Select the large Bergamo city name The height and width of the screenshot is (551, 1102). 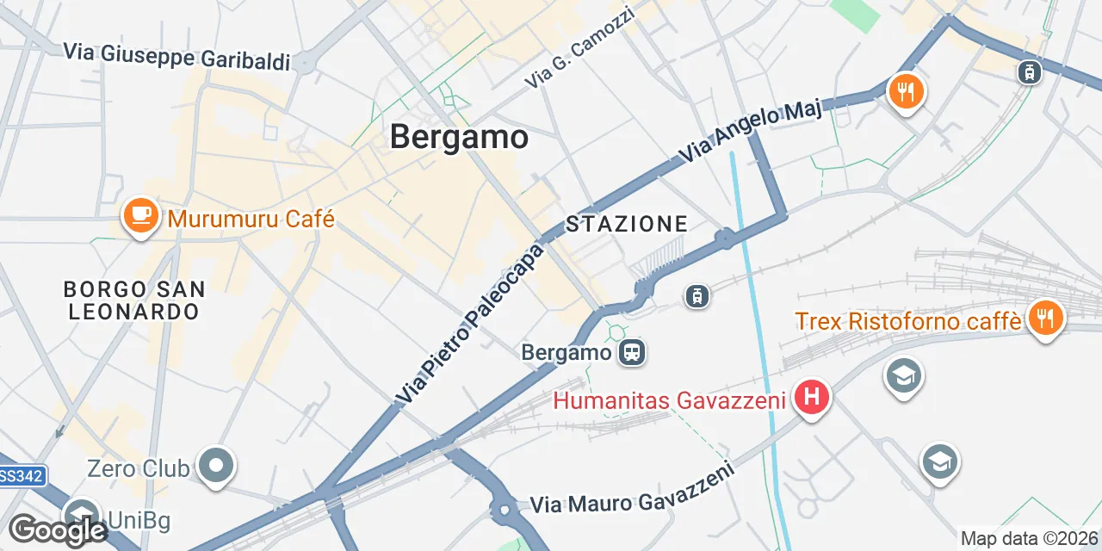pos(459,137)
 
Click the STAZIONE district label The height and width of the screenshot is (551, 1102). pos(627,225)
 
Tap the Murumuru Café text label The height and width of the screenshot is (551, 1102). pos(251,219)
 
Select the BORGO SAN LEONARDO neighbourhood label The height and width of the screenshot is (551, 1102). pos(134,300)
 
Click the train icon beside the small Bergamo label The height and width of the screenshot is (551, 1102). pos(633,351)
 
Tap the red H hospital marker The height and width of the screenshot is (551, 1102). pos(810,398)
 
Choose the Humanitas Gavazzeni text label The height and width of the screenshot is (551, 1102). pos(669,400)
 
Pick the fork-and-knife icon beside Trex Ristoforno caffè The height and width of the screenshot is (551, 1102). pos(1045,319)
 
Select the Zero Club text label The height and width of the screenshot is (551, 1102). pos(138,469)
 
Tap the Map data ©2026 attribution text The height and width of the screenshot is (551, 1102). pos(1030,539)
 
